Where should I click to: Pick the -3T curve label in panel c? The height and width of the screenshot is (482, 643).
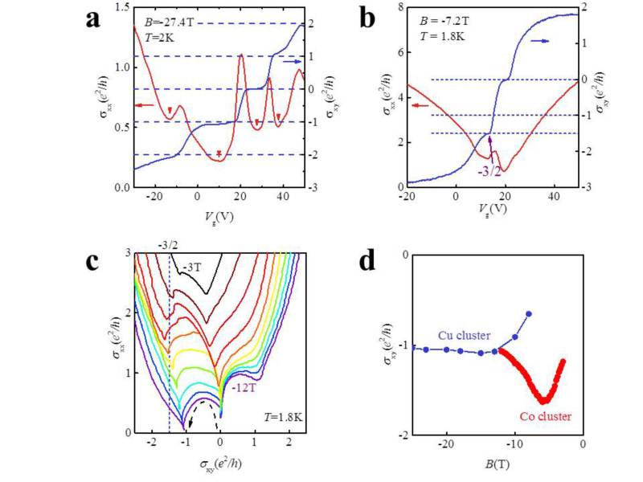tap(193, 264)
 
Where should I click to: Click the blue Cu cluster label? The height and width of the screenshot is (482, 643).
tap(461, 333)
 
